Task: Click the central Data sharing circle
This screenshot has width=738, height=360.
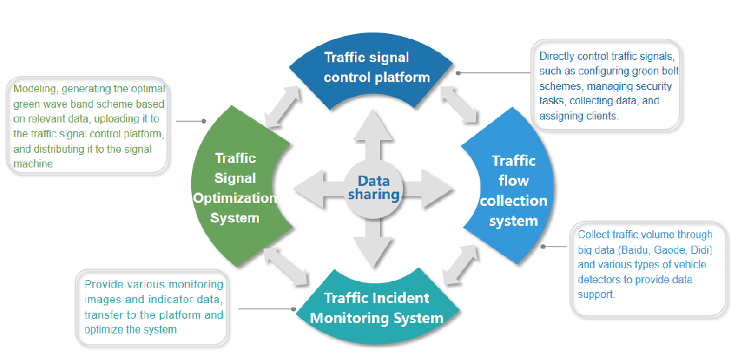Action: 373,187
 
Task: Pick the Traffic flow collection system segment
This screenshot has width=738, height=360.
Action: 514,190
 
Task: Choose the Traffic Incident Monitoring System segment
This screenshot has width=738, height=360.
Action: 376,308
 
